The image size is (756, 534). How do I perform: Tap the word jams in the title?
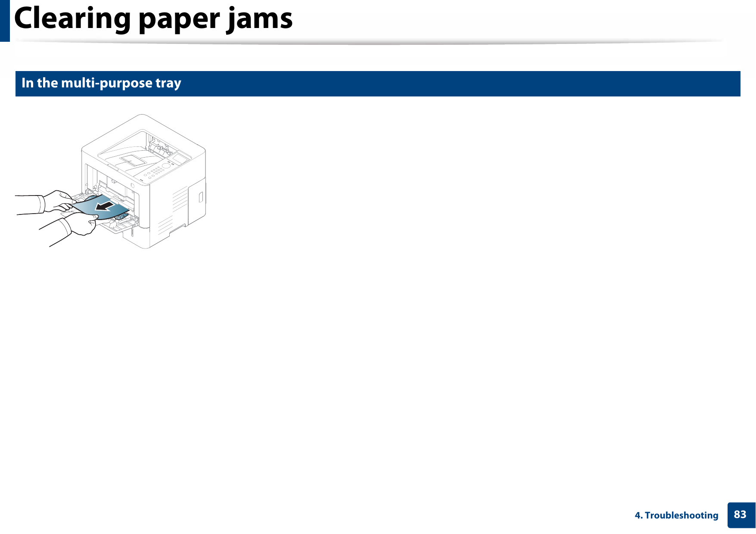260,20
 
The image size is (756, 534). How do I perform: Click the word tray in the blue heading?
168,84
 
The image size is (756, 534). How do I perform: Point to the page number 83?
740,515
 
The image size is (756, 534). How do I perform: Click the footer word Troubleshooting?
681,515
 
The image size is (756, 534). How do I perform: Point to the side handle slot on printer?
200,197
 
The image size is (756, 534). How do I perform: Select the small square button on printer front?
133,186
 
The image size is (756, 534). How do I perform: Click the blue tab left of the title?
5,20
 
